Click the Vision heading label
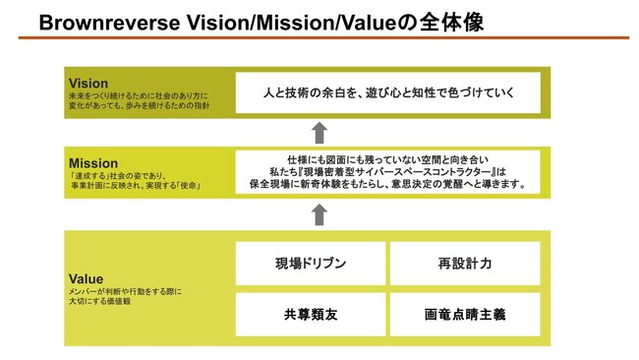click(88, 83)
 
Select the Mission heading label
click(93, 163)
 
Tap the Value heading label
click(86, 278)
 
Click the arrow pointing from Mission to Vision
click(318, 132)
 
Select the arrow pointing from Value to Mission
click(318, 213)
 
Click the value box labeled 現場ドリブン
click(311, 264)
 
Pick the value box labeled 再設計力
click(465, 264)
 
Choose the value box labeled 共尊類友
click(311, 314)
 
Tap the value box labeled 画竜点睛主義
click(465, 314)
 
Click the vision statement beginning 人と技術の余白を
click(388, 93)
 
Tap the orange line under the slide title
click(319, 37)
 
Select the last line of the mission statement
click(388, 184)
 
